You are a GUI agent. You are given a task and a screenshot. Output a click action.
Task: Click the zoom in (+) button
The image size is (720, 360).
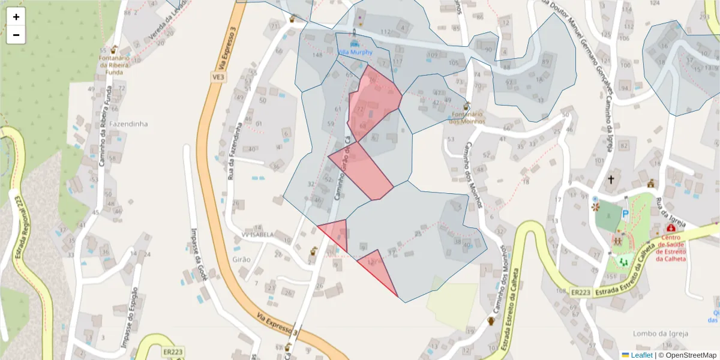click(x=16, y=17)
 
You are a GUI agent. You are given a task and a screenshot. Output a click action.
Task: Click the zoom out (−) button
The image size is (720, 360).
click(x=16, y=35)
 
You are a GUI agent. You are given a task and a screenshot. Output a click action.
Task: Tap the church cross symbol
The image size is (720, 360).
click(x=611, y=179)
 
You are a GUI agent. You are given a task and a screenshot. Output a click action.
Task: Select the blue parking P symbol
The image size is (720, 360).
click(x=625, y=213)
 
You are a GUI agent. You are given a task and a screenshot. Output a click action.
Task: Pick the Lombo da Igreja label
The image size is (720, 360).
click(x=660, y=333)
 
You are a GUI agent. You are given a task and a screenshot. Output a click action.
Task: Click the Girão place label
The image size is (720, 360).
click(x=241, y=259)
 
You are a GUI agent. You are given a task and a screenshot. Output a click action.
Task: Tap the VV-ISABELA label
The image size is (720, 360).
click(x=257, y=234)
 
